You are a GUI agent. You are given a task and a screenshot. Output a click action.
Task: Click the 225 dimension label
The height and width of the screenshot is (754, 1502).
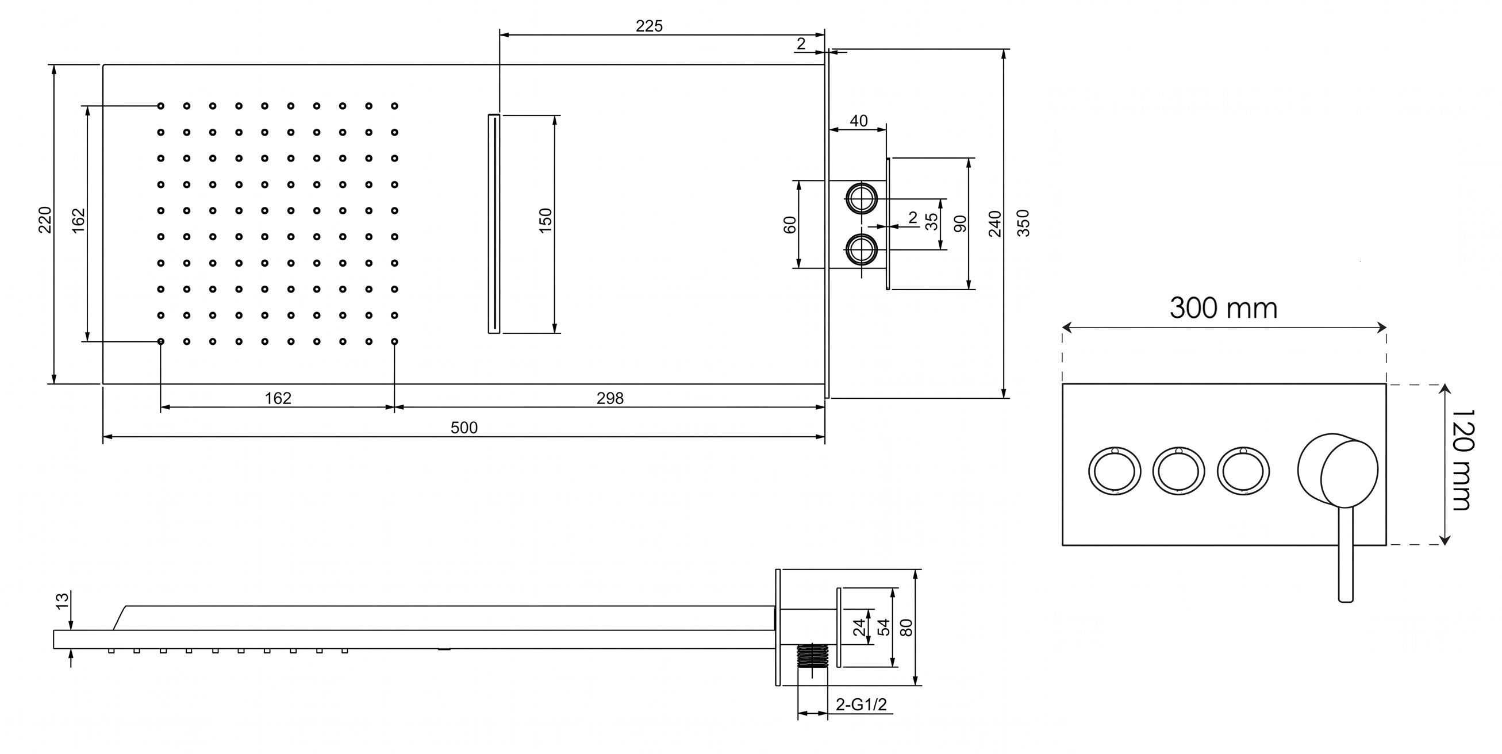pyautogui.click(x=649, y=26)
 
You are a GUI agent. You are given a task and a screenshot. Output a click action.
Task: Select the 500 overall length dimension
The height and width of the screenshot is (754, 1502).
pyautogui.click(x=464, y=428)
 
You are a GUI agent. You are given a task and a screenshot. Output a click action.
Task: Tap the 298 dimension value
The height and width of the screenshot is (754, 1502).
pyautogui.click(x=610, y=398)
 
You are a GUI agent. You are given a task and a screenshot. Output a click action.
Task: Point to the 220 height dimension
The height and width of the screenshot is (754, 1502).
pyautogui.click(x=45, y=220)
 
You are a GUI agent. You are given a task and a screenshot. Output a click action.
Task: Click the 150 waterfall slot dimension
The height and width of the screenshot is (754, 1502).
pyautogui.click(x=545, y=221)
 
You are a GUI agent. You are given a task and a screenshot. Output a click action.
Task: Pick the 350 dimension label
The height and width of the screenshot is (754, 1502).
pyautogui.click(x=1023, y=223)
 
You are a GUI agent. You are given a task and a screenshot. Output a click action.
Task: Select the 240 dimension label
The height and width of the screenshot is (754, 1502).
pyautogui.click(x=995, y=224)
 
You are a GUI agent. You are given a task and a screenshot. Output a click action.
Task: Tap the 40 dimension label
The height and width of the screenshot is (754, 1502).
pyautogui.click(x=859, y=121)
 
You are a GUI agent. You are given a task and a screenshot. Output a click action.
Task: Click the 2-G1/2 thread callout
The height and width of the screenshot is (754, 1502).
pyautogui.click(x=861, y=705)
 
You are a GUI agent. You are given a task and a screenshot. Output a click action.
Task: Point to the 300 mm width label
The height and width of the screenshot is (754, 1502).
pyautogui.click(x=1223, y=308)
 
